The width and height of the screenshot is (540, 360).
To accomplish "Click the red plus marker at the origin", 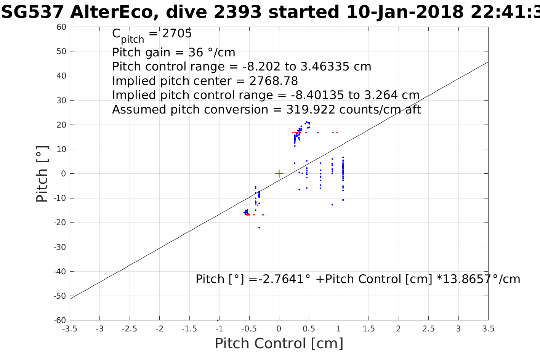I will pos(279,174).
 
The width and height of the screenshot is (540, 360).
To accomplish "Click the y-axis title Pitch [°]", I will pos(42,174).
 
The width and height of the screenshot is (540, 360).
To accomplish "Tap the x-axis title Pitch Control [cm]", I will pos(279,343).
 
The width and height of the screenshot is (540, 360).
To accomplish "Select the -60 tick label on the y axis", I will pos(59,320).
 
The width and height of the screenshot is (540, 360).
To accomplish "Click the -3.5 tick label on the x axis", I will pos(70,329).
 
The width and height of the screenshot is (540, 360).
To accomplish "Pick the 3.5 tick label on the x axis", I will pos(488,329).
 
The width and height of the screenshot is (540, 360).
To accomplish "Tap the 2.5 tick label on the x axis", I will pos(428,329).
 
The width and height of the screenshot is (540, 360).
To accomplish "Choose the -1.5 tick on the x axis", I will pos(189,329).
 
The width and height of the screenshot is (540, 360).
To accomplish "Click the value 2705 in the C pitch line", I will pos(177,34).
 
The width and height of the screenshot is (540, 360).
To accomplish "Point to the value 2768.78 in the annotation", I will pos(274,81).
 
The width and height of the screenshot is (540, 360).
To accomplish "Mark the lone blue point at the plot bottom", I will pos(218,320).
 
